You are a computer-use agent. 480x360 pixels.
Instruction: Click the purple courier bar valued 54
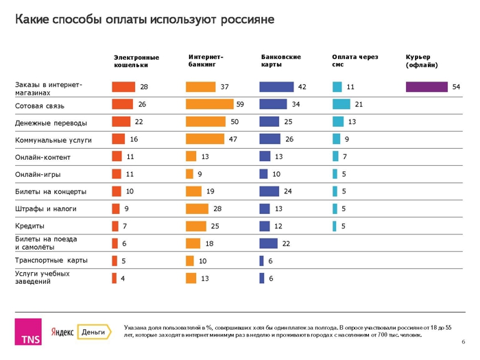425,87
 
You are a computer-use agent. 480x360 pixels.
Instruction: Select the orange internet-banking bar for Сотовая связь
208,104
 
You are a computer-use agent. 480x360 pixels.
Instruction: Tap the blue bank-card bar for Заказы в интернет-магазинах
276,87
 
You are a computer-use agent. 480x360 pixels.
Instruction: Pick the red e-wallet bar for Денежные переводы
121,122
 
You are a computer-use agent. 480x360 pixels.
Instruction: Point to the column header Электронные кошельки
136,61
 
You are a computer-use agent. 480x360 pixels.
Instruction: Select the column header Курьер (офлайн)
422,61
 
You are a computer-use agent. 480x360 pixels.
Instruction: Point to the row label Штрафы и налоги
45,209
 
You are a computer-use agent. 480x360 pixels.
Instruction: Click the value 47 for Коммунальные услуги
233,139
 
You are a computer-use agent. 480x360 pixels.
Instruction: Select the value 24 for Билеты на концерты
288,191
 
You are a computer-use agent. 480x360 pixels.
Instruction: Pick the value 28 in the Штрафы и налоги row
216,208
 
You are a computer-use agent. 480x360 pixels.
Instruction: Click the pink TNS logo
30,331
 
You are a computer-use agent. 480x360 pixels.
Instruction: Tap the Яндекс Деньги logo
82,332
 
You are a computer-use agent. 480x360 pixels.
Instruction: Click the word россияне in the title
247,20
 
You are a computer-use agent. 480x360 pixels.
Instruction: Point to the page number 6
464,342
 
